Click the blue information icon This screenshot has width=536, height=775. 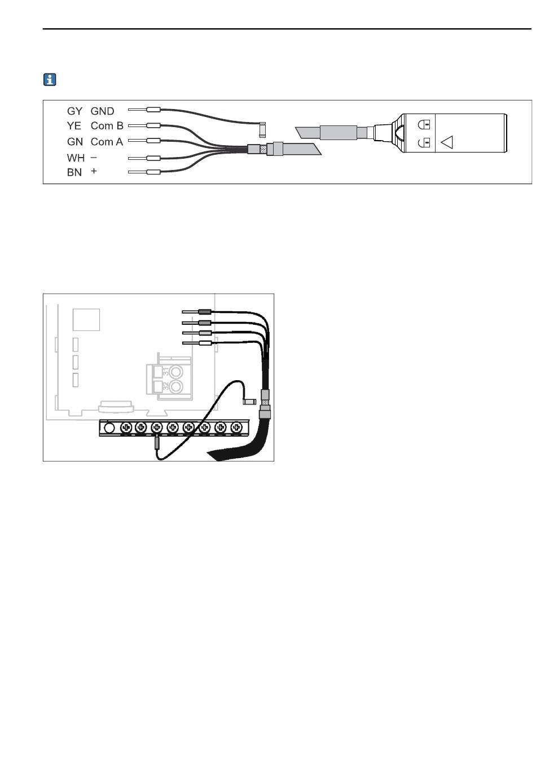coord(50,80)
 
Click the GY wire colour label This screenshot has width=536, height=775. coord(74,111)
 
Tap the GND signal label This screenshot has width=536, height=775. coord(102,111)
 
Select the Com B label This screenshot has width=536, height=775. coord(107,125)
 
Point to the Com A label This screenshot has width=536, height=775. coord(107,142)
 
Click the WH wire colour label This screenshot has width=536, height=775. coord(76,158)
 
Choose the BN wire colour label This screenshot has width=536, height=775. coord(74,172)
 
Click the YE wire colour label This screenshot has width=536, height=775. coord(74,125)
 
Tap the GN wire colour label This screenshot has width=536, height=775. coord(75,142)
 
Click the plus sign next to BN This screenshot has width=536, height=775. coord(94,171)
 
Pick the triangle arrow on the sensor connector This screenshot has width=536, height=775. coord(447,142)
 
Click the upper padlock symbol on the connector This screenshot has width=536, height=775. coord(424,124)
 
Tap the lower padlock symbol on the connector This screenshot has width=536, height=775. coord(424,142)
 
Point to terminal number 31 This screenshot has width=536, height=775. coord(166,372)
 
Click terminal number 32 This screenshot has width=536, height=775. coord(166,386)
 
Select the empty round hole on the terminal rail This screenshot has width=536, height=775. coord(109,428)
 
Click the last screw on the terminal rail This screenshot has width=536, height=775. coord(236,428)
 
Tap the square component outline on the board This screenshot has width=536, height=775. coord(86,320)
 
